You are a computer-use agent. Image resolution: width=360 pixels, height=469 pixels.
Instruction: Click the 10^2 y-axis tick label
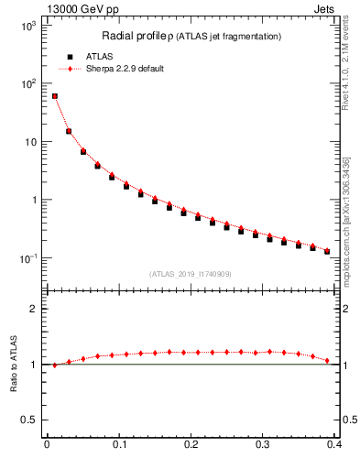(x=28, y=83)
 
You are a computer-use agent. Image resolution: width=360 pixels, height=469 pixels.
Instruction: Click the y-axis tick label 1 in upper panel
(x=35, y=200)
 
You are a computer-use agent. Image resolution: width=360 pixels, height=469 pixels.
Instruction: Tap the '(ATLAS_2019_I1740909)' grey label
(x=191, y=274)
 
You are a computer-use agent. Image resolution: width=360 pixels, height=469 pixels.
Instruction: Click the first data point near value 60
(x=54, y=96)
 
